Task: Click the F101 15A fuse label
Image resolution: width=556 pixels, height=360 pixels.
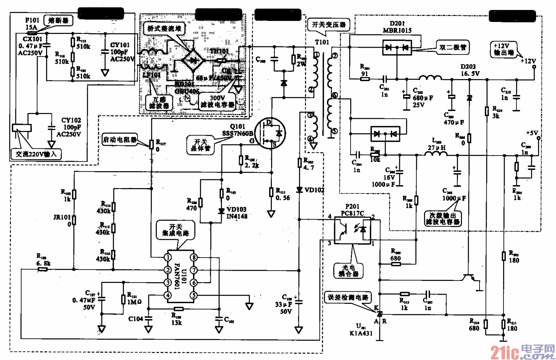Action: [x=32, y=24]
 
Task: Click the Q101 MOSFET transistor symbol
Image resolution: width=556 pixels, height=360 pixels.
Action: [x=270, y=133]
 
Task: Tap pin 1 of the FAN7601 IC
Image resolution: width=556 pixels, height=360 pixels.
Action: [x=168, y=257]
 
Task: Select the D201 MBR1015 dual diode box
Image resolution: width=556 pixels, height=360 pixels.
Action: [x=397, y=48]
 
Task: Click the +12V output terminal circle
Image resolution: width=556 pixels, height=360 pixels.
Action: [x=534, y=67]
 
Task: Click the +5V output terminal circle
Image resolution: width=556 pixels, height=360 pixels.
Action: [x=538, y=138]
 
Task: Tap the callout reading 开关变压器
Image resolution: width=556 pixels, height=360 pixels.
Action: [x=328, y=25]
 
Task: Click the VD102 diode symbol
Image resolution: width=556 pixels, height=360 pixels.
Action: [x=299, y=190]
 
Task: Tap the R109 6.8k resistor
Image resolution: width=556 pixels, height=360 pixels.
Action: [x=43, y=269]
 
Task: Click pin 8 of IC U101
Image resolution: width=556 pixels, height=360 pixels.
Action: [x=194, y=257]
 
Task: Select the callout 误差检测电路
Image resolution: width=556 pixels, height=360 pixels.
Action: [x=348, y=297]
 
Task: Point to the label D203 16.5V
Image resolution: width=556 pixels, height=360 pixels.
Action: [x=470, y=70]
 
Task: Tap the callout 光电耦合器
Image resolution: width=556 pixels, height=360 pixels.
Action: [x=348, y=271]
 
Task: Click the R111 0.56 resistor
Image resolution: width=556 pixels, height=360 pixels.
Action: [x=271, y=192]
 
